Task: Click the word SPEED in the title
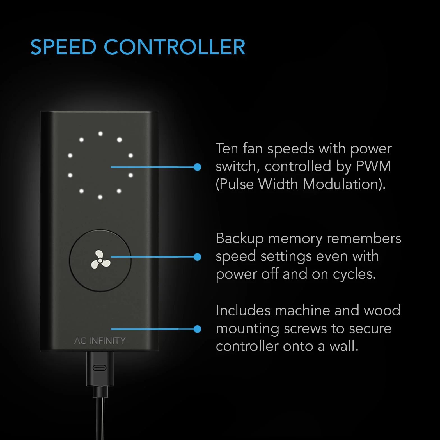coord(63,47)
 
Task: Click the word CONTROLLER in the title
coord(175,47)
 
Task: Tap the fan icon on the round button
coord(100,260)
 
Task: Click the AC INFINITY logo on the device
coord(100,341)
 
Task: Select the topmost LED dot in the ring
coord(100,134)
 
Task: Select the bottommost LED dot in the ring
coord(100,197)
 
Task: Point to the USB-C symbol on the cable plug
coord(99,368)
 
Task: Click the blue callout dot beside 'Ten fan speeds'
coord(198,167)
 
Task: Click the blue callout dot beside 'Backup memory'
coord(198,257)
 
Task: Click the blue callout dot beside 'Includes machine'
coord(198,329)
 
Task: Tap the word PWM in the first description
coord(373,166)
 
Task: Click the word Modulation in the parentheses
coord(342,184)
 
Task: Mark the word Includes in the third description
coord(243,311)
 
